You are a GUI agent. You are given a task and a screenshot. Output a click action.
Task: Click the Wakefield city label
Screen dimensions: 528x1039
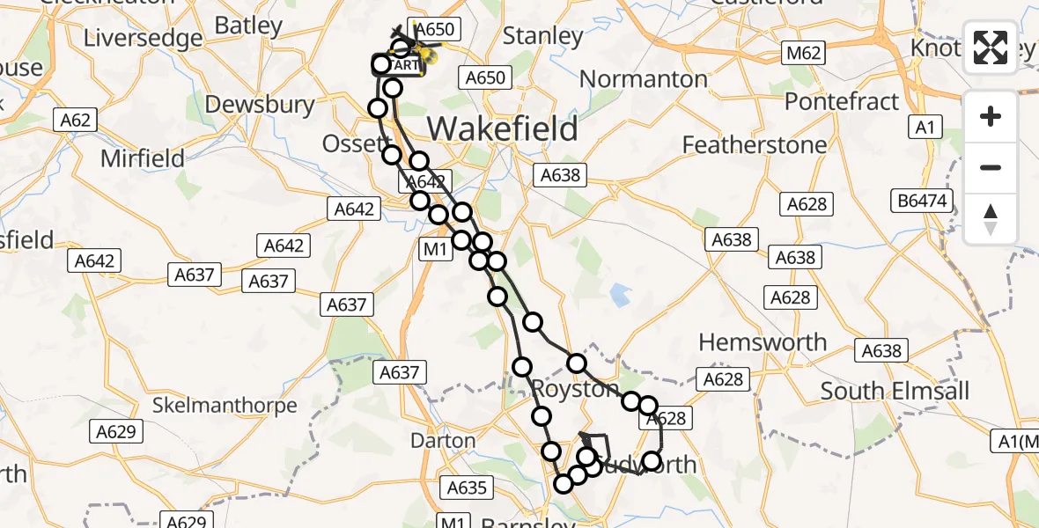503,128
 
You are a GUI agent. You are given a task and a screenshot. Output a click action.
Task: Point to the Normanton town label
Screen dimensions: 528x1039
644,79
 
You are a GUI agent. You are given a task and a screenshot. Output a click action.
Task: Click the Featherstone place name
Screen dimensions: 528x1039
755,144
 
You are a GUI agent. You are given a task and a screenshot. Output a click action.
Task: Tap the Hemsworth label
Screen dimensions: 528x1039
763,342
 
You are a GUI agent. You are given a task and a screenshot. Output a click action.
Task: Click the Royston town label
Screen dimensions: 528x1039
575,389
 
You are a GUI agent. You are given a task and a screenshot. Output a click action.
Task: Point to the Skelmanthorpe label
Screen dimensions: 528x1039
225,406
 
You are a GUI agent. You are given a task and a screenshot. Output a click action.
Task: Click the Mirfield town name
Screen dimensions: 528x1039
143,159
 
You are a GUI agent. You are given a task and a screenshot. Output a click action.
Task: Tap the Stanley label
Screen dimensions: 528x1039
542,36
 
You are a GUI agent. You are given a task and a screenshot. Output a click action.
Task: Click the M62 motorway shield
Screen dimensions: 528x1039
804,53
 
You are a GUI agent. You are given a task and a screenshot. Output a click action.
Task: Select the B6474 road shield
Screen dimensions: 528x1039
922,202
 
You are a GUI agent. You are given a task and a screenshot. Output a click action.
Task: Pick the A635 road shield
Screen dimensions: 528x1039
467,488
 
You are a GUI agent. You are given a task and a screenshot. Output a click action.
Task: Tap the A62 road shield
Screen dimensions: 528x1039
75,120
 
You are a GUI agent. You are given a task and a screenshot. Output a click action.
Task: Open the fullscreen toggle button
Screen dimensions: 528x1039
991,48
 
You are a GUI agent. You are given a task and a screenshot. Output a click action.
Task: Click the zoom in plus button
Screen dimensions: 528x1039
991,116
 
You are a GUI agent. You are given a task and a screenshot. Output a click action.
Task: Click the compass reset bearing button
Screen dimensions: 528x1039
991,219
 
